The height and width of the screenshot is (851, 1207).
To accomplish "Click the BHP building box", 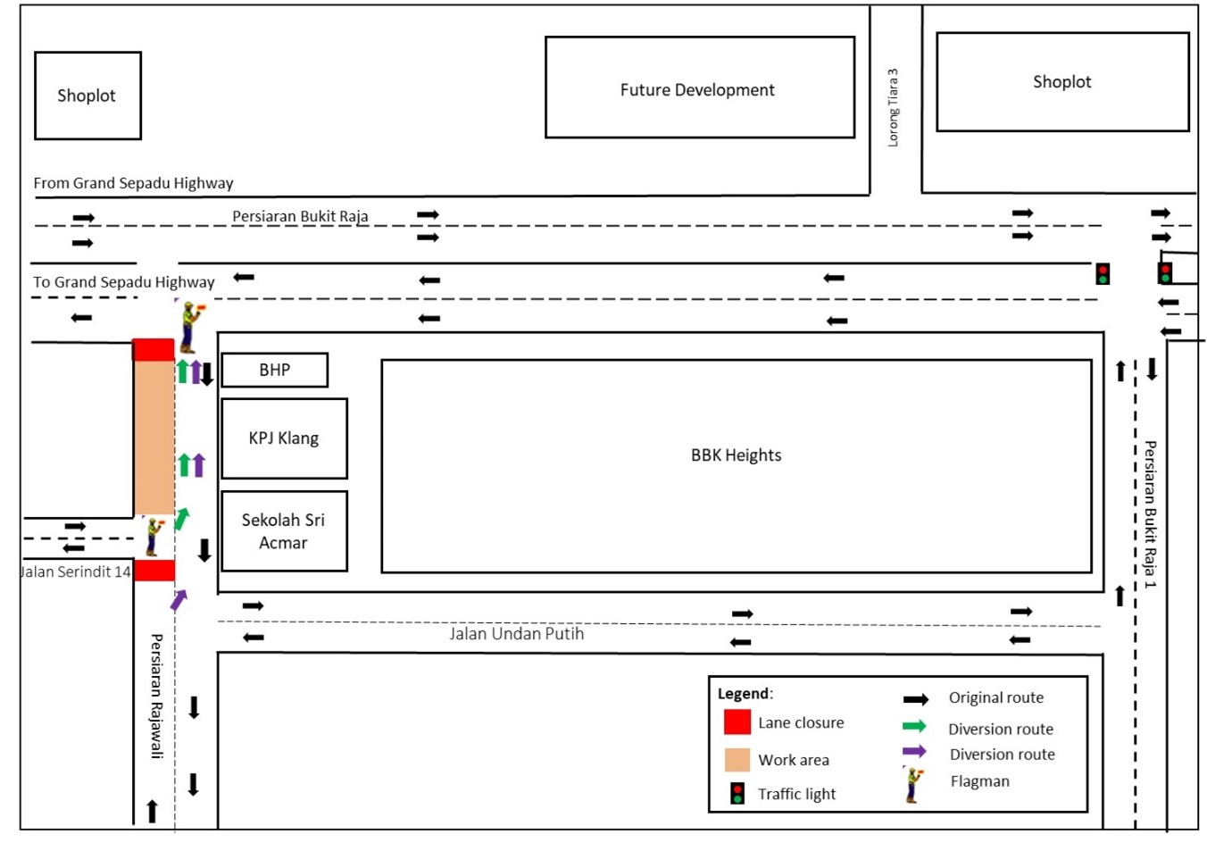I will coord(275,370).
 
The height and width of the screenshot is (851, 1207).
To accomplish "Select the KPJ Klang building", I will coord(284,438).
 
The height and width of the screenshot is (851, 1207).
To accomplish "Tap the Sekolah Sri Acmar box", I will coord(284,531).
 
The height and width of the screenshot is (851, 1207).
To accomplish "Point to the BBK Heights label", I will coord(736,455).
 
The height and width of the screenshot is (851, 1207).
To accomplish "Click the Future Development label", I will coord(697,90).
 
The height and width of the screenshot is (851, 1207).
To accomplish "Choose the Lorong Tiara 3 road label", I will coord(893,107).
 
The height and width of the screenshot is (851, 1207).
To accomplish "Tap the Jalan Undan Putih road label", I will coord(516,634).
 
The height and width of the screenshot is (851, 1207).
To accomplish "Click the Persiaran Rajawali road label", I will coord(157,696).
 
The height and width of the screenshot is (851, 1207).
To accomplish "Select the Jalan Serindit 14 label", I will coord(76,572).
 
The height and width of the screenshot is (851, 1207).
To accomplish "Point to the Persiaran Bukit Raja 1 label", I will coord(1150,513).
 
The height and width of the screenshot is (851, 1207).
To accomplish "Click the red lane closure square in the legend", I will coord(737,722).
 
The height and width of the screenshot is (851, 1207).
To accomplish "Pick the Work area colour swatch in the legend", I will coord(737,760).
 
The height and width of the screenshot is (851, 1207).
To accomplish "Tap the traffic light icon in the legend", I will coord(737,793).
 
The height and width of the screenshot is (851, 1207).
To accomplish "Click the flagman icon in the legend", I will coord(912,785).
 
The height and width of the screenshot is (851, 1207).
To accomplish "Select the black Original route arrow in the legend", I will coord(916,699).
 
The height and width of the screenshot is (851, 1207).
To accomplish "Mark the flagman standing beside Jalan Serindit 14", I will coord(154,536).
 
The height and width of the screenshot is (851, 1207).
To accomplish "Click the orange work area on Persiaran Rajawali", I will coord(154,438).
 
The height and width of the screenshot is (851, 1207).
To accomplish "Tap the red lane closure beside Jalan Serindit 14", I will coord(154,570).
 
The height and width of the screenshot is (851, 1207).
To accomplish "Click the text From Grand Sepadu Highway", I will coord(133,183).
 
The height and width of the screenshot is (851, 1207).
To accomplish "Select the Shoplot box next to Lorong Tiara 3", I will coord(1062,82).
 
